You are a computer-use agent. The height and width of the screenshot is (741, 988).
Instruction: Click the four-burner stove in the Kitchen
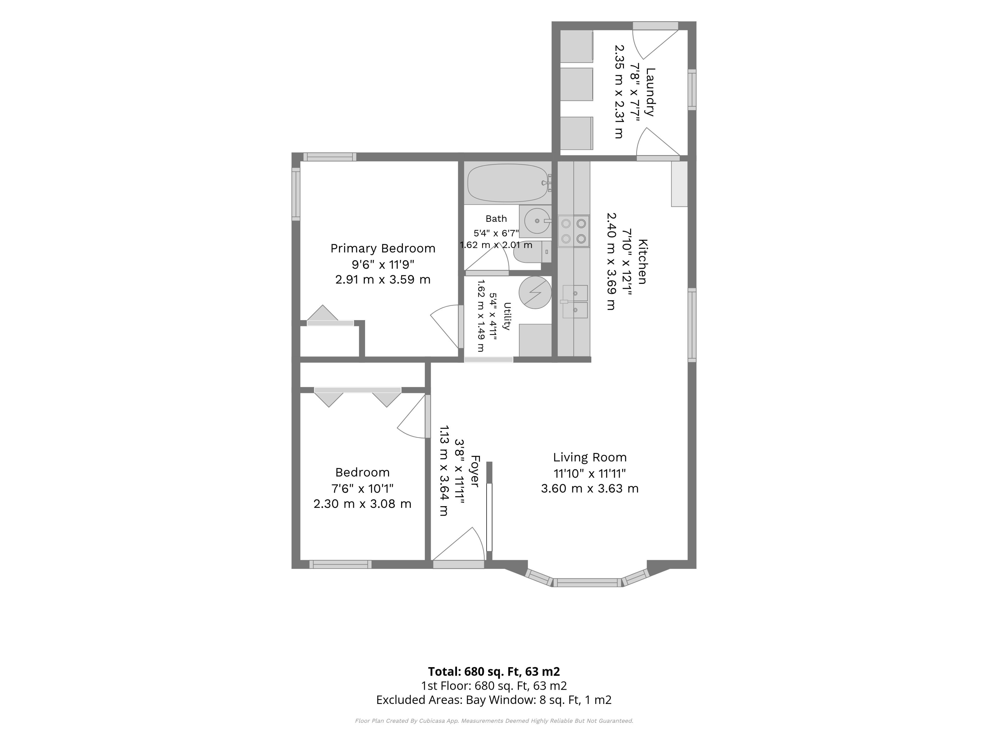pos(574,231)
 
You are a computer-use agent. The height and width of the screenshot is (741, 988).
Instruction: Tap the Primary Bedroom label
pos(383,248)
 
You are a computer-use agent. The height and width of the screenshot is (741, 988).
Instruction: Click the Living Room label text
pos(590,457)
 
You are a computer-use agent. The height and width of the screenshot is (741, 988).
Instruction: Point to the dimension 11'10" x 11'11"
pos(590,473)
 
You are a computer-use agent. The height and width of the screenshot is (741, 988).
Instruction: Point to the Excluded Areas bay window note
pos(494,700)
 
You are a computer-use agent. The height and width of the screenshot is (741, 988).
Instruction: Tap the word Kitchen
pos(642,262)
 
